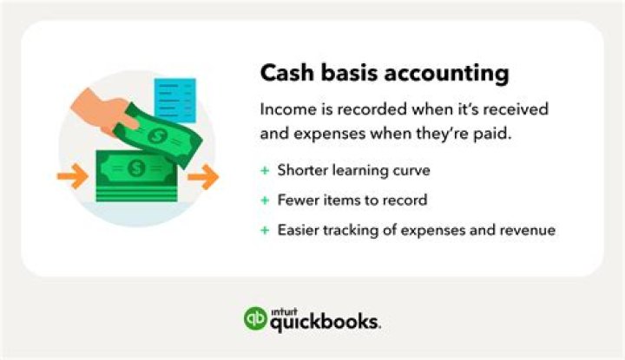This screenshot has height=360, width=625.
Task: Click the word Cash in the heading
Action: click(x=286, y=74)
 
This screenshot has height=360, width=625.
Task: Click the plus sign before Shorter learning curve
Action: click(x=265, y=170)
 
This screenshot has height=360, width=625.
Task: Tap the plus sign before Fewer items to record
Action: click(x=265, y=200)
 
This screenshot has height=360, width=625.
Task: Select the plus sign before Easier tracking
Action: click(x=265, y=230)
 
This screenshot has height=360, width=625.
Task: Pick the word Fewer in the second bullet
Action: click(x=298, y=200)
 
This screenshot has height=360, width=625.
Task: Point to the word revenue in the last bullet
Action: click(x=526, y=230)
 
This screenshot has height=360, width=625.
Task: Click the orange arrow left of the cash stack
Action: click(x=72, y=179)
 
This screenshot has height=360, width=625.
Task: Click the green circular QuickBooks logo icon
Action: click(x=255, y=318)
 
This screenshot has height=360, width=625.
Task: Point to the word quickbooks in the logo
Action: click(x=326, y=322)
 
